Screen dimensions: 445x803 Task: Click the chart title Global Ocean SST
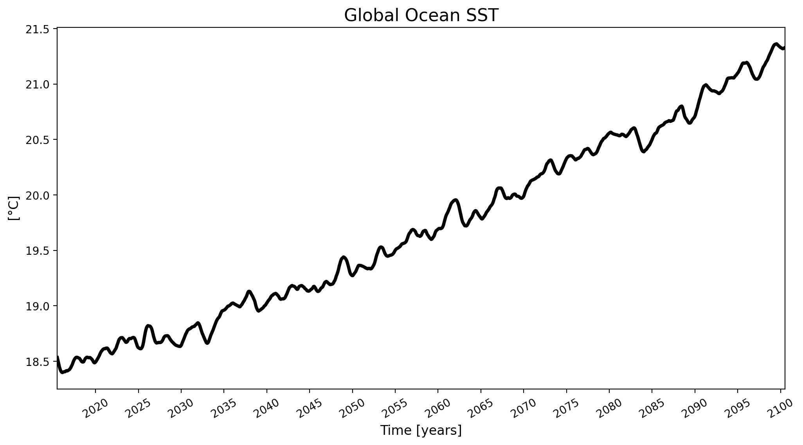421,16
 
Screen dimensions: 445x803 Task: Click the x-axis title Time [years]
421,431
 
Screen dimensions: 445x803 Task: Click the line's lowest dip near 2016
62,372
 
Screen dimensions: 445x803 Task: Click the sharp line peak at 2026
148,326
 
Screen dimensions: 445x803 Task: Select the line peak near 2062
455,200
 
